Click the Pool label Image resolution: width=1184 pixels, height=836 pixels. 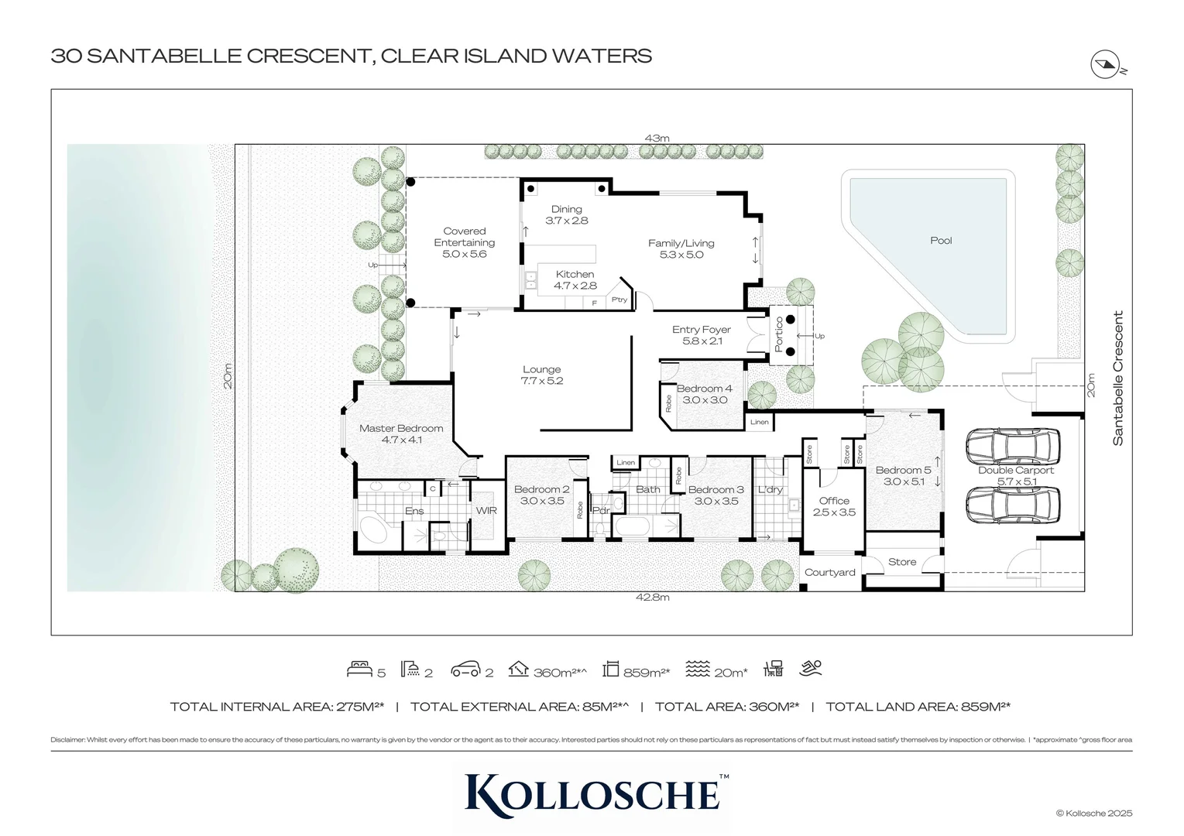click(940, 241)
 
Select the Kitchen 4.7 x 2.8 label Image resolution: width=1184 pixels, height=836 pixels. click(575, 279)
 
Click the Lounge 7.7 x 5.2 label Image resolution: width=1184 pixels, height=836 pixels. click(541, 375)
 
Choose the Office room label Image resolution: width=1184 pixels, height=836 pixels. click(834, 506)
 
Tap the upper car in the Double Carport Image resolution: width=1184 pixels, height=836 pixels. click(1012, 447)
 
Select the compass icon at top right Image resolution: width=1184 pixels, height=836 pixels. click(1105, 64)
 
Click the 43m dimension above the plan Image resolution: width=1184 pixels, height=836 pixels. click(657, 139)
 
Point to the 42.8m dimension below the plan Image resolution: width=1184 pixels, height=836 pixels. click(652, 598)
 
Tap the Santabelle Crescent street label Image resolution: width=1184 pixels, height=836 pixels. click(1117, 378)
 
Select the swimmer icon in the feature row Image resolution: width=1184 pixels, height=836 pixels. click(811, 668)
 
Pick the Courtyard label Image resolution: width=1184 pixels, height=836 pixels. click(829, 573)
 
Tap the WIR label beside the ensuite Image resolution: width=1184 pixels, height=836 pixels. click(486, 511)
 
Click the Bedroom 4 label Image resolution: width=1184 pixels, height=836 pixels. click(704, 394)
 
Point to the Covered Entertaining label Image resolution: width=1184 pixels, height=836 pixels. click(465, 242)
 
